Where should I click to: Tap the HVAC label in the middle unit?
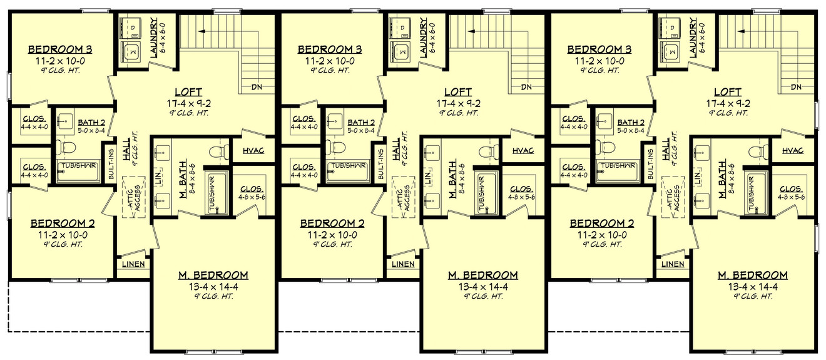click(x=523, y=151)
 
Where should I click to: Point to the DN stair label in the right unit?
click(x=797, y=86)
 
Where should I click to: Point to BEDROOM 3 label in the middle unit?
click(x=330, y=49)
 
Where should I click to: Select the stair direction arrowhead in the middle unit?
click(x=469, y=30)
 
